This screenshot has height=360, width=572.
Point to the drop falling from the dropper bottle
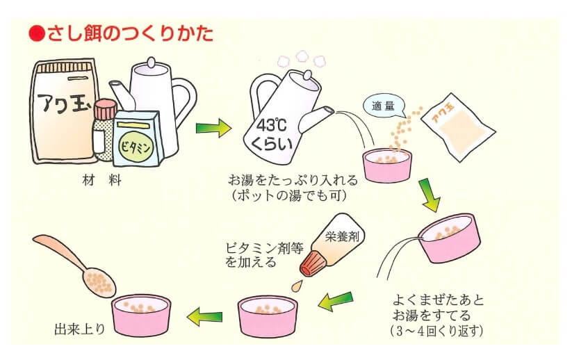click(x=297, y=285)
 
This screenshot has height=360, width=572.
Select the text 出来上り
click(x=81, y=327)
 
